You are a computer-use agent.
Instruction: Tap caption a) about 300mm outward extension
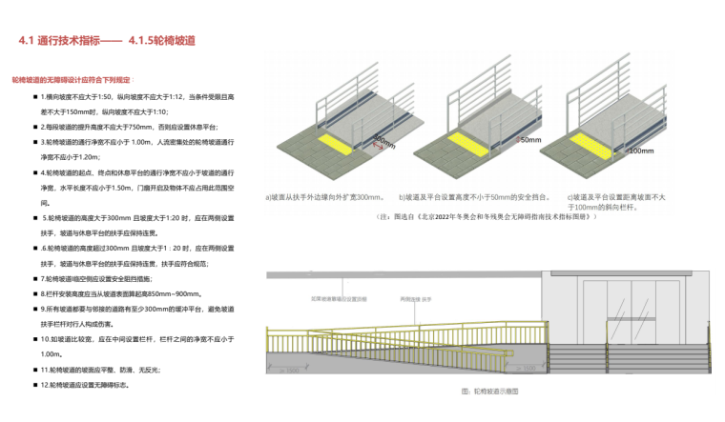324,197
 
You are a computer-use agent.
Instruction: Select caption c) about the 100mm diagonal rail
629,201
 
